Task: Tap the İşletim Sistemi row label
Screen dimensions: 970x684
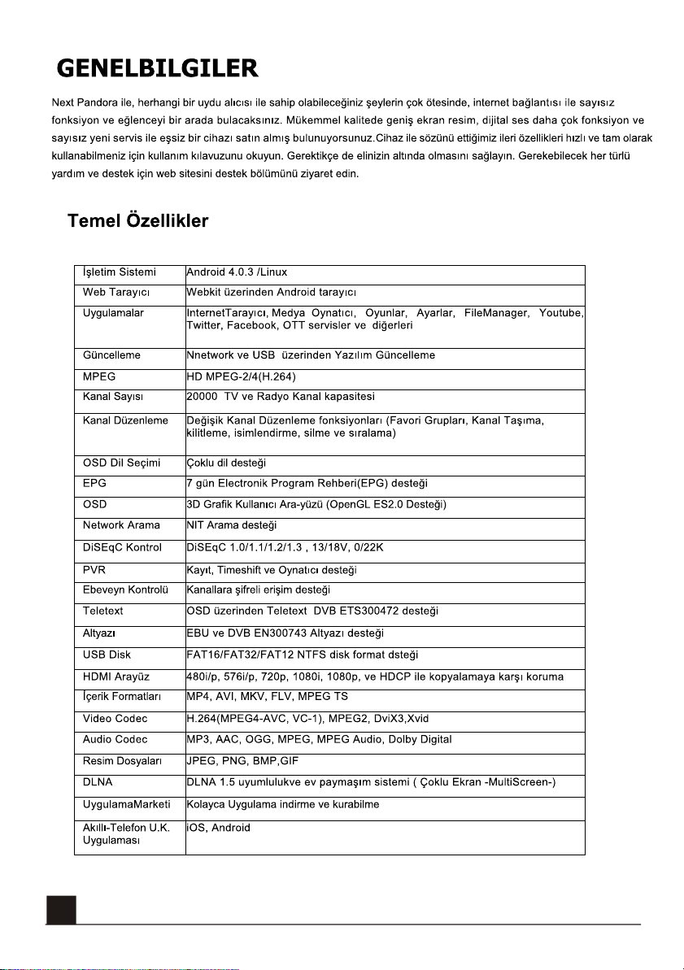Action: coord(120,272)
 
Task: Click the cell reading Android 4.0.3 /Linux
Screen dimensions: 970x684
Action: coord(237,272)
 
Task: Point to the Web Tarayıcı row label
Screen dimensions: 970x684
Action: coord(115,292)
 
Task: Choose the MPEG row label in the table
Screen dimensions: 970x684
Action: coord(99,376)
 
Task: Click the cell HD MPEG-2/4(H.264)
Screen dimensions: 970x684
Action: coord(241,376)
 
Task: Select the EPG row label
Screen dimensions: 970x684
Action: coord(94,484)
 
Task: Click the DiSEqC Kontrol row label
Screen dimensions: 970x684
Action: coord(122,547)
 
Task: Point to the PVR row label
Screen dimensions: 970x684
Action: coord(94,569)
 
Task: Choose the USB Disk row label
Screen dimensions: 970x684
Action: coord(107,655)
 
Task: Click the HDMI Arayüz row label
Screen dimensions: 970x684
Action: coord(115,676)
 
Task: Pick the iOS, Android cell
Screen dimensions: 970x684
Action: coord(219,828)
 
